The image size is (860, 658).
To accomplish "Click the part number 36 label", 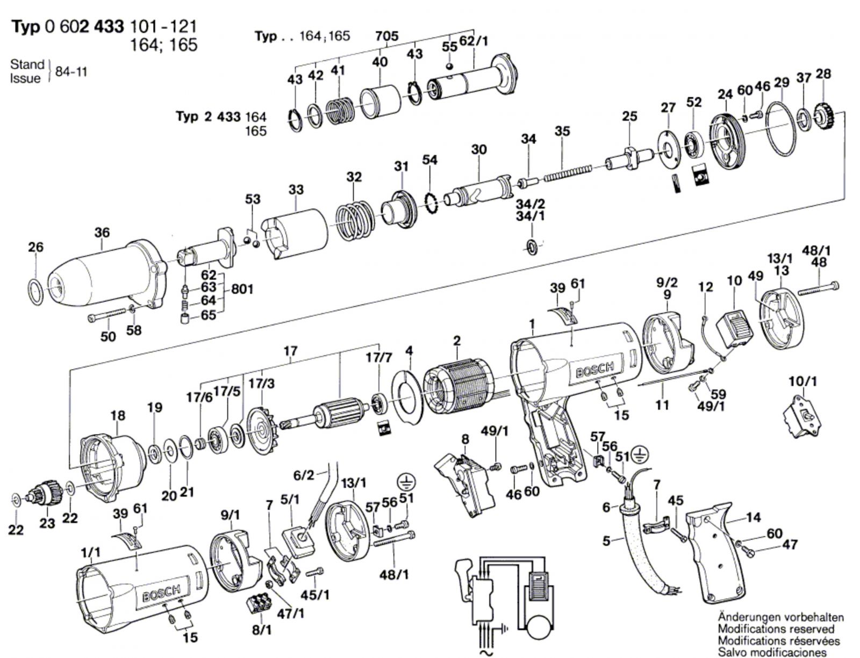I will (102, 233).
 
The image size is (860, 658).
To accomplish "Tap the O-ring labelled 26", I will (35, 292).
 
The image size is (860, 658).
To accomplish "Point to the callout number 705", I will (386, 36).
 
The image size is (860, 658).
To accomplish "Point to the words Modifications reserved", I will (776, 628).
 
